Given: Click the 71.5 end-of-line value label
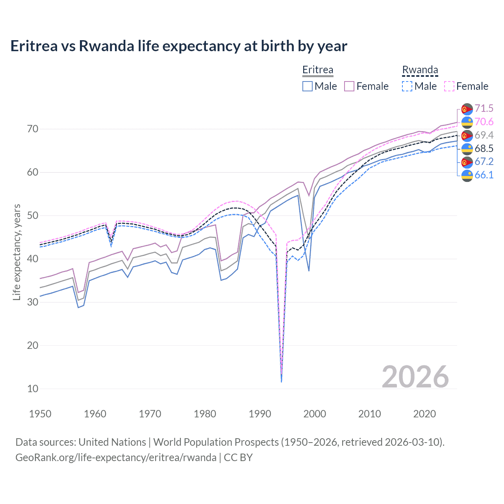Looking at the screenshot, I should [484, 108].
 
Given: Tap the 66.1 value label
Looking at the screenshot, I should [484, 175].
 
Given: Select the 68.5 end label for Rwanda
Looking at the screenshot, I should [484, 148].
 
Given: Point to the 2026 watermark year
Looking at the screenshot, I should [415, 377].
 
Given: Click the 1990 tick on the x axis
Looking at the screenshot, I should [260, 414].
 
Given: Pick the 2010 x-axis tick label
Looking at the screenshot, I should [369, 414].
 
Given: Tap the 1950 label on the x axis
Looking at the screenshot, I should [40, 414].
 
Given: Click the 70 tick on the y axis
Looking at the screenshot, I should [33, 129].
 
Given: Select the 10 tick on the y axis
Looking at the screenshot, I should [33, 389].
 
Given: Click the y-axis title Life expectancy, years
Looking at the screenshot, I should [17, 252].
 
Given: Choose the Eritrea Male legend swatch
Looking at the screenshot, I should [308, 86].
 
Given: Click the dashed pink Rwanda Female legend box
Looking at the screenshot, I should [449, 86].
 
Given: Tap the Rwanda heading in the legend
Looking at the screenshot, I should [420, 70].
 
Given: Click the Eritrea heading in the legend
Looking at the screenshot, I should [318, 70].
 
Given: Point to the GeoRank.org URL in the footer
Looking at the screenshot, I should [116, 458].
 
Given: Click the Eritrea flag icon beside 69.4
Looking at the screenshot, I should [467, 135].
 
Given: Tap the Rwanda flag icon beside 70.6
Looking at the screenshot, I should [467, 122].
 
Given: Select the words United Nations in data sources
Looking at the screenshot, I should [112, 442].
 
